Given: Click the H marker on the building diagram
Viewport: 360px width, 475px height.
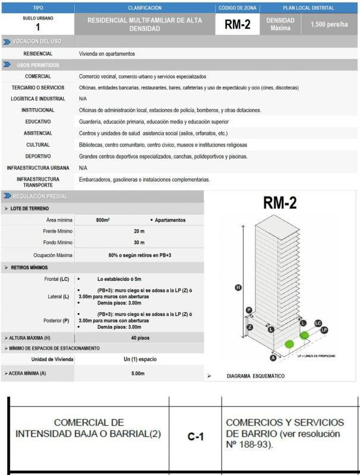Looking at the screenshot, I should [x=239, y=287].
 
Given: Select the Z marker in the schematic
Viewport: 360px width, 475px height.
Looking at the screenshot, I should [x=251, y=327].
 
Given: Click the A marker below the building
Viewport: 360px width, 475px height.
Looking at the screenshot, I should [x=273, y=358].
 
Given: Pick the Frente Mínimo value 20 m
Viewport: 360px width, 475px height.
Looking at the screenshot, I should [x=139, y=232].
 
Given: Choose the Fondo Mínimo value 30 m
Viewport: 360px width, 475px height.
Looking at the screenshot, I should [x=139, y=243].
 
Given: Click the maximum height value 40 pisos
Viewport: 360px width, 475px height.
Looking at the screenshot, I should [x=139, y=337].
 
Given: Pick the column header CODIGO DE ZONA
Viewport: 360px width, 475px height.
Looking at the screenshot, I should [x=237, y=8].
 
